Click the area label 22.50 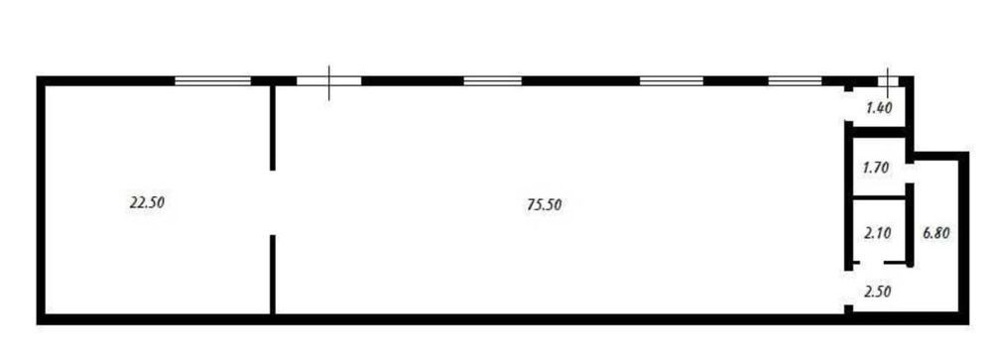coord(147,203)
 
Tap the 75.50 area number coord(545,204)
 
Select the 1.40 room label coord(879,108)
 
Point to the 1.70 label coord(878,169)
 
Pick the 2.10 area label coord(878,233)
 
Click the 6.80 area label coord(936,233)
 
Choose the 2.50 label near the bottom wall coord(878,292)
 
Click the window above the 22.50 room coord(212,80)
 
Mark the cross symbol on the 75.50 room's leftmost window coord(329,81)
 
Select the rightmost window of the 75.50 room coord(796,80)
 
